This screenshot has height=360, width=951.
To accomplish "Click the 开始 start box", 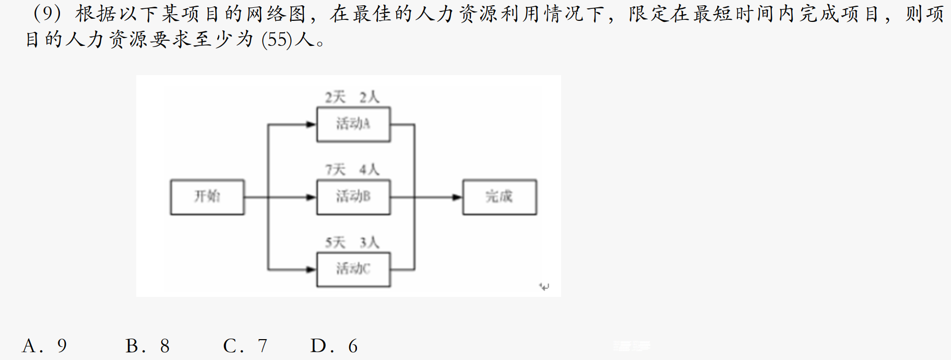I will (207, 197).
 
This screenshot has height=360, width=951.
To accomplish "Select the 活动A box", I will (353, 124).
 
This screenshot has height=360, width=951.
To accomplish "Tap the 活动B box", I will (353, 197).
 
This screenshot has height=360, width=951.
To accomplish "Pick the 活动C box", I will (353, 269).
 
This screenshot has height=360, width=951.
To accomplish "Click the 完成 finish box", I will (500, 197).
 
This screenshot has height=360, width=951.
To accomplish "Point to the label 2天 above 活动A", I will (336, 97).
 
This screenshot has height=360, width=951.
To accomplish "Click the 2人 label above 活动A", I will (369, 97).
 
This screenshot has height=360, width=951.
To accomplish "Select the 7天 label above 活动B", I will (336, 170).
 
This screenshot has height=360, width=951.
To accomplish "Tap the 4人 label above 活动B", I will (369, 170).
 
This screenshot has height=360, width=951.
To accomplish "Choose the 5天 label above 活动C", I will (336, 242).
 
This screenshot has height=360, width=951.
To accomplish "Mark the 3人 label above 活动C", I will (369, 242).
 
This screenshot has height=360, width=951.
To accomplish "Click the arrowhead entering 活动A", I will (311, 124).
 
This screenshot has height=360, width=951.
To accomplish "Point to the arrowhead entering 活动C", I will (311, 269).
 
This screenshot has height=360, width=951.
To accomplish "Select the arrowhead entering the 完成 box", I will (457, 197).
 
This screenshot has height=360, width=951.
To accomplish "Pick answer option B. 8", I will (148, 346).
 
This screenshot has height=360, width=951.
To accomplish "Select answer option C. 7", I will (245, 346).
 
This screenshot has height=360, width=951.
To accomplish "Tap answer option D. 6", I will (334, 346).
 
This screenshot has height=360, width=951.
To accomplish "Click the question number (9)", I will (47, 14).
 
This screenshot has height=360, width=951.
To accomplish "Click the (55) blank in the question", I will (277, 40).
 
